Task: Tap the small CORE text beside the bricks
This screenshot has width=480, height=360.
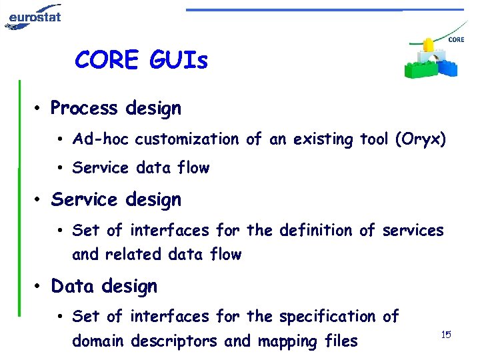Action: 456,40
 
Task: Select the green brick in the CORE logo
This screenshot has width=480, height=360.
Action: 417,67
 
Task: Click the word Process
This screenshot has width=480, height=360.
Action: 84,108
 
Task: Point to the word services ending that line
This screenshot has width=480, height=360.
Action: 413,230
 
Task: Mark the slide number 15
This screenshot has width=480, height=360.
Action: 446,333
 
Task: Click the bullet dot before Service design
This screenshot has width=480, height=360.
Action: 40,200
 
